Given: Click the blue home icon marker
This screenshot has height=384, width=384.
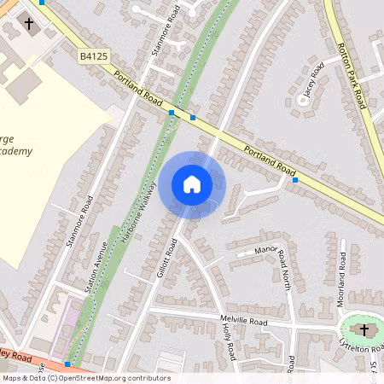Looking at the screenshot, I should (192, 184).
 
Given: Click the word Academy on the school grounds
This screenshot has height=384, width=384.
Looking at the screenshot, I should (17, 151).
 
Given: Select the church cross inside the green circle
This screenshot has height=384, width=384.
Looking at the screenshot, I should (364, 329).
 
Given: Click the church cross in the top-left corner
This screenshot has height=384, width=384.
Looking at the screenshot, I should (30, 24).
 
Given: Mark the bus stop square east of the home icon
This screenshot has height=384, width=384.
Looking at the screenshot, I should (295, 180).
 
